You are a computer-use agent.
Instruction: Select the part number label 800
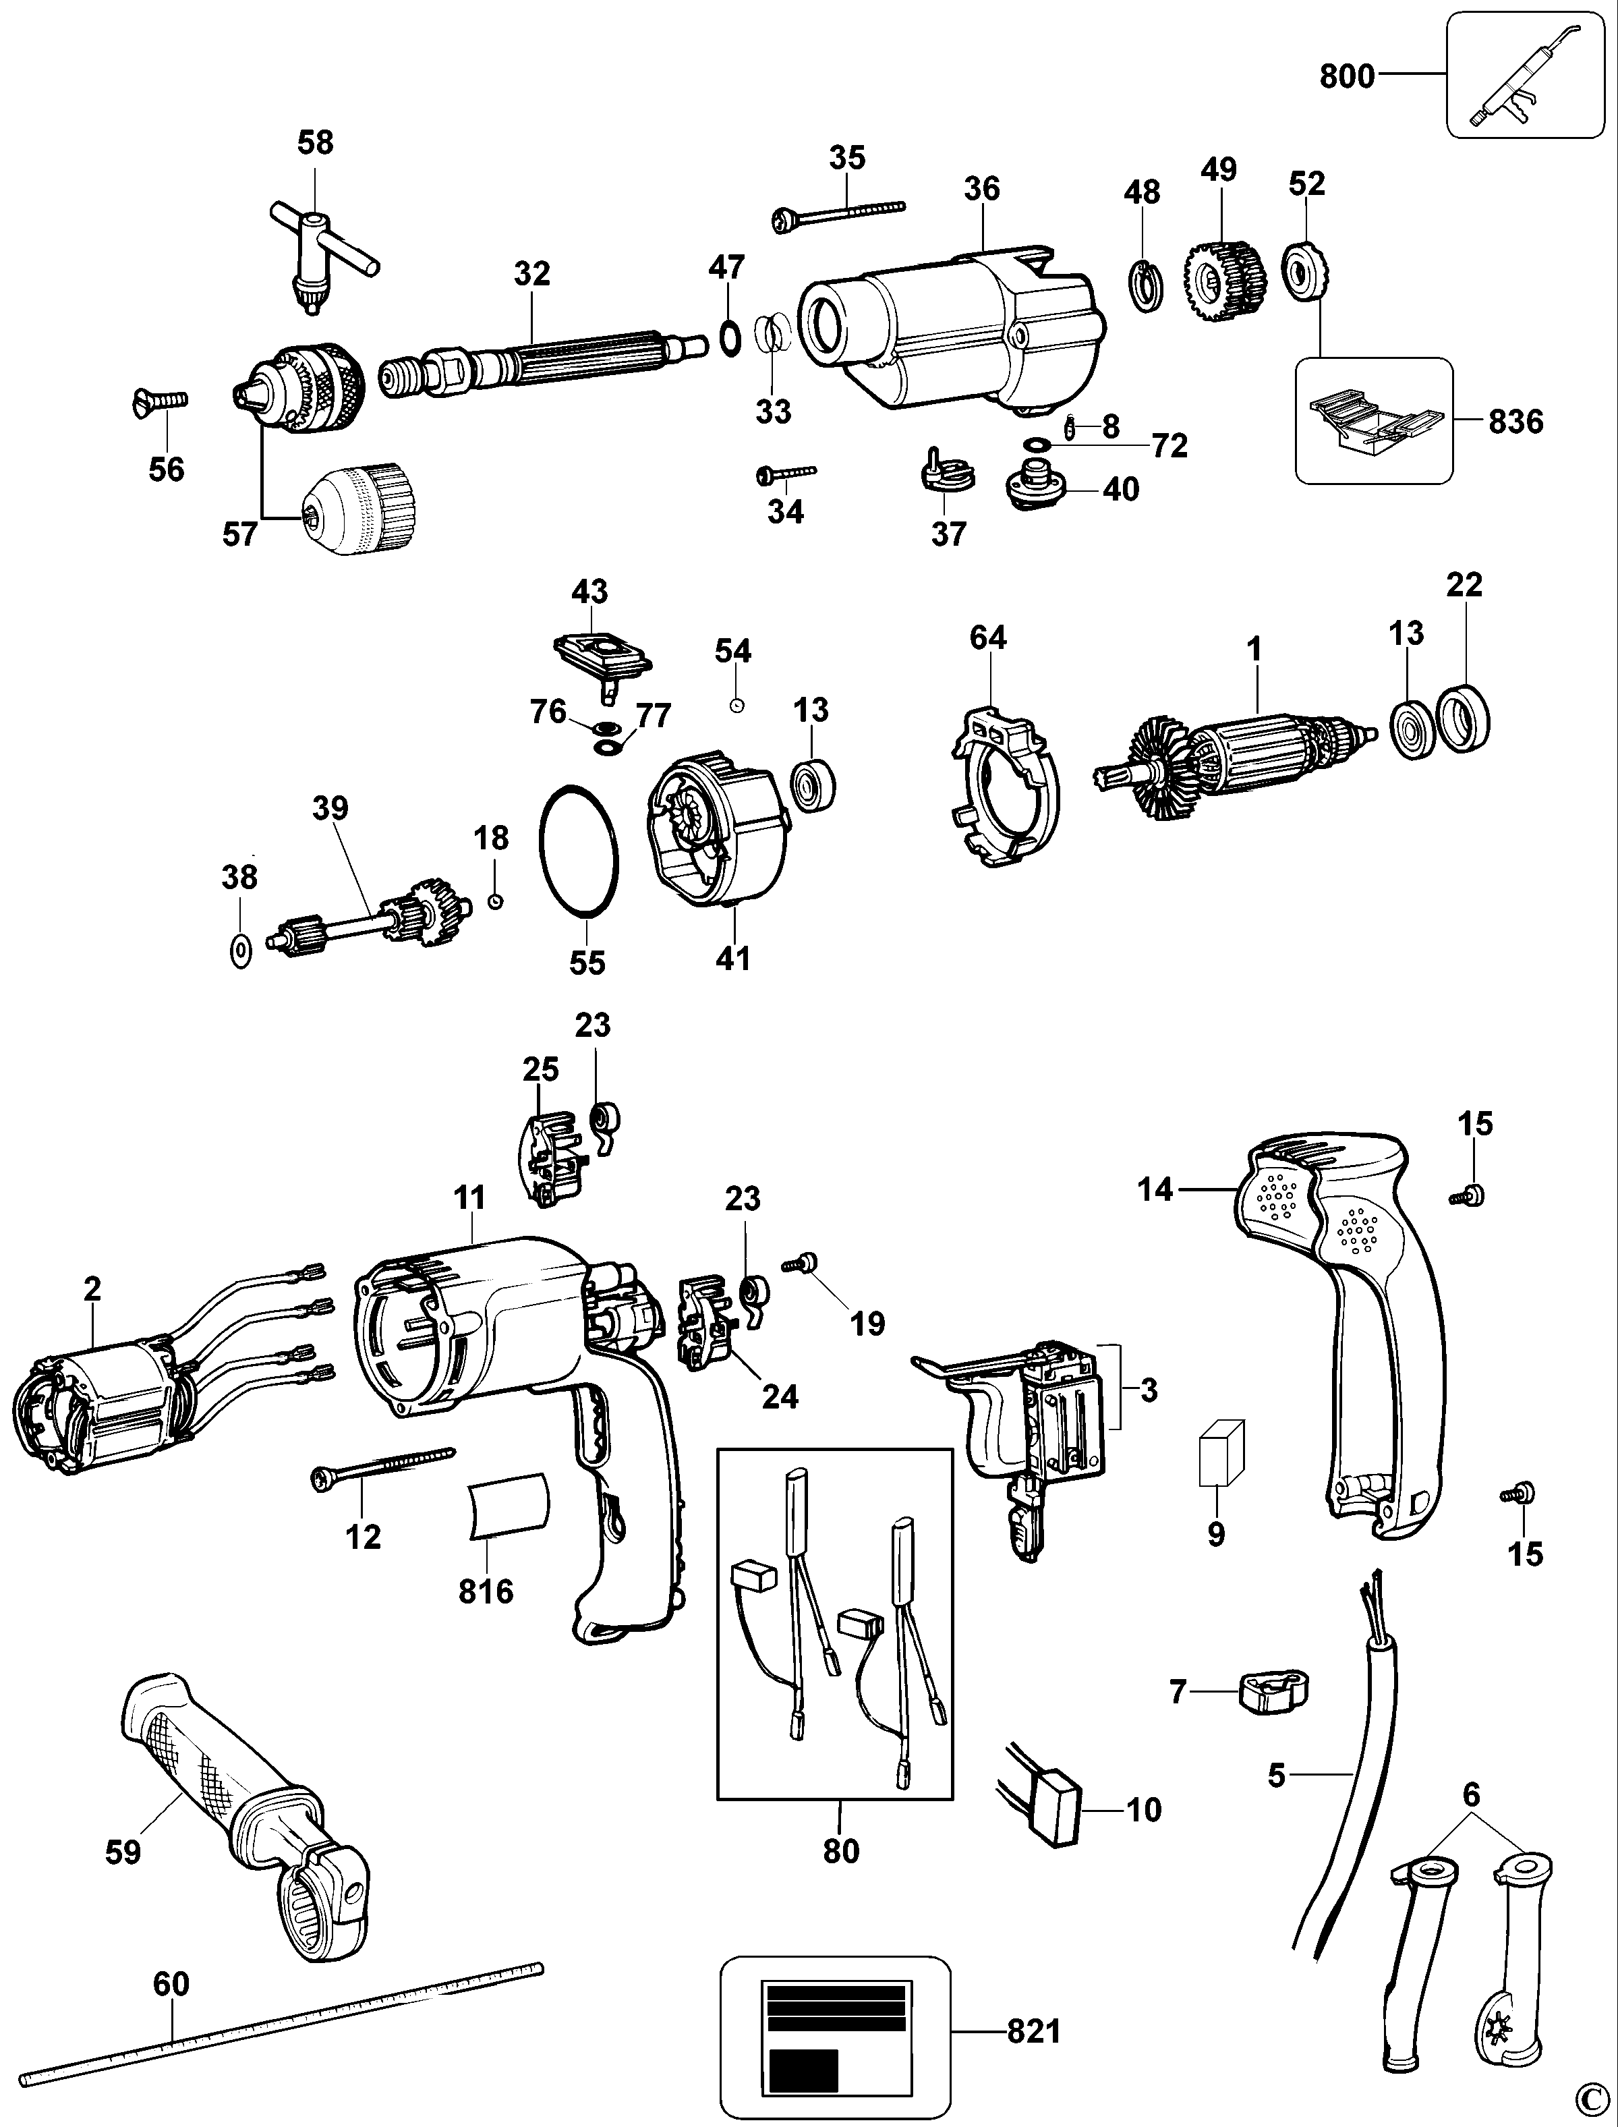coord(1346,75)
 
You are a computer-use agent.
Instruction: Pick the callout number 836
coord(1516,420)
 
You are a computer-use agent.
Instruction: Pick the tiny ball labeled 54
coord(736,705)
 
